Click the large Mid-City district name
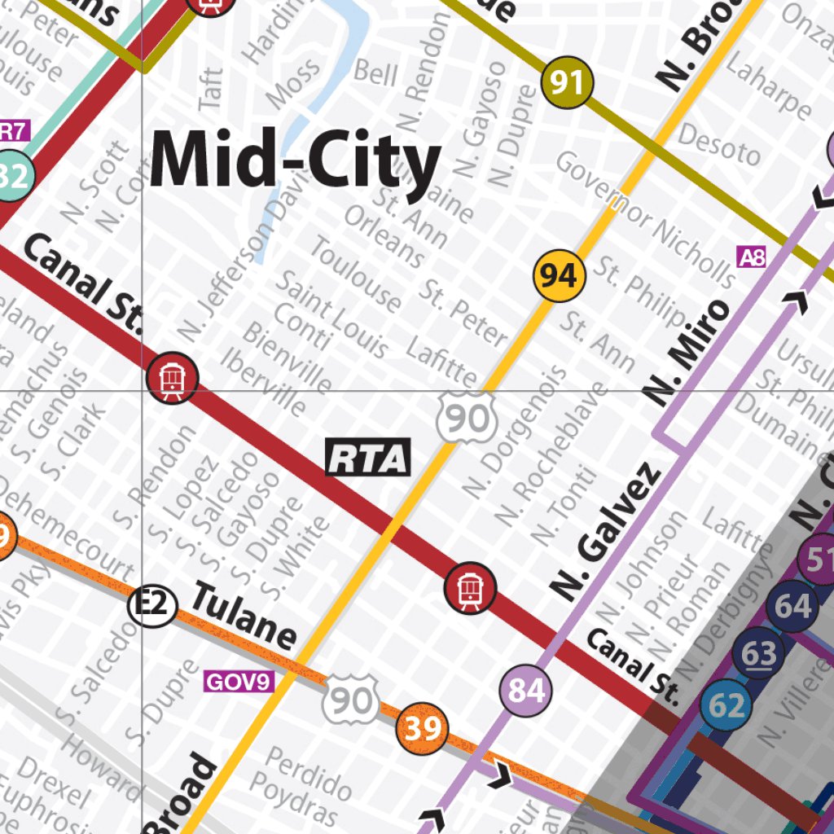tap(295, 160)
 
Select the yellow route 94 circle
tap(560, 277)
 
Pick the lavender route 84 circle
tap(526, 691)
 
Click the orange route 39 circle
tap(423, 728)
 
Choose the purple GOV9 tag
tap(238, 681)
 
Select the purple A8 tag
tap(751, 258)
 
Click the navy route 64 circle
tap(792, 607)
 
